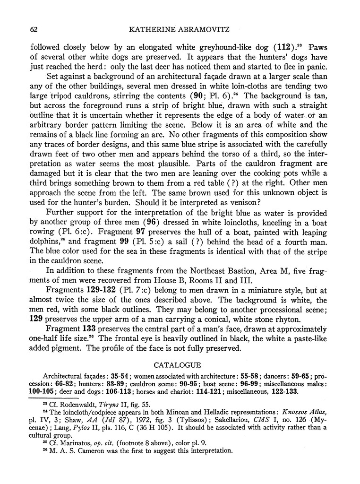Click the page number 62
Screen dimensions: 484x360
pos(34,30)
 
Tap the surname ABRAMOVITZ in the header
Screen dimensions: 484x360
pos(206,30)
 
